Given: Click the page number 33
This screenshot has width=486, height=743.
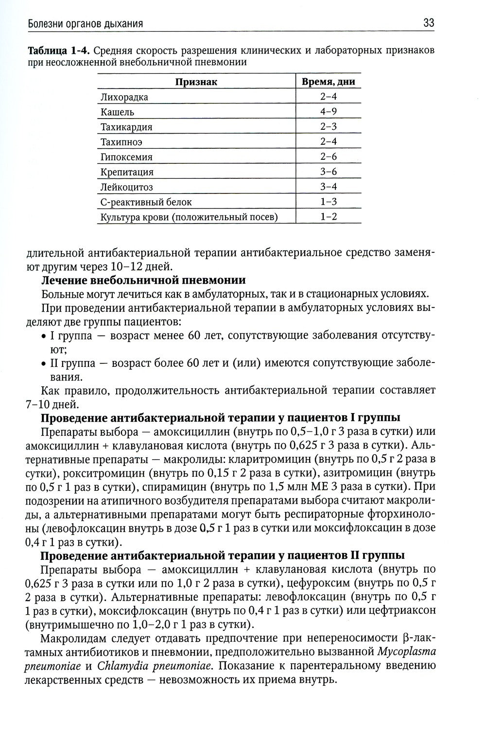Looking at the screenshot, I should pos(428,22).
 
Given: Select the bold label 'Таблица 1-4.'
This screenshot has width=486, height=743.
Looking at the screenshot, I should pos(59,51).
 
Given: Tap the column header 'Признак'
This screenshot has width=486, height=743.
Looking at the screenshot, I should pos(196,82).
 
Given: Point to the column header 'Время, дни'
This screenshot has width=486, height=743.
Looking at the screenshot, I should pos(329,82).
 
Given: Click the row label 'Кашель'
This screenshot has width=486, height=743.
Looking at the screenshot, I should pos(117,112).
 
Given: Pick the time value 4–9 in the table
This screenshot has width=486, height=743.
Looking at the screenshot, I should pos(329,112).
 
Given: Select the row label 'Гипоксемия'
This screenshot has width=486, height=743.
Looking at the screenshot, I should pos(126,157).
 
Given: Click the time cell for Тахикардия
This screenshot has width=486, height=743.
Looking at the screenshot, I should pos(329,127).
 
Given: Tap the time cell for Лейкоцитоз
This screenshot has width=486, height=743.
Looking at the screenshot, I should pos(329,187).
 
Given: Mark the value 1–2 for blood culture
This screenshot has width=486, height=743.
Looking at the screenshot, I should pos(329,217).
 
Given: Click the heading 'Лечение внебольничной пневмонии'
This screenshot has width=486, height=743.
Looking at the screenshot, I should pos(143,280).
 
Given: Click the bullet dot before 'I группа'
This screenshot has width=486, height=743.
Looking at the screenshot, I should pos(44,336).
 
